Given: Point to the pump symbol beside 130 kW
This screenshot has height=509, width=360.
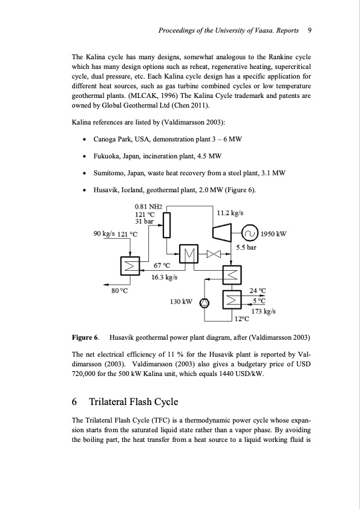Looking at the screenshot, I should pyautogui.click(x=205, y=301).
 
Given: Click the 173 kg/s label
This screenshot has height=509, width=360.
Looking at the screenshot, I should pyautogui.click(x=263, y=311).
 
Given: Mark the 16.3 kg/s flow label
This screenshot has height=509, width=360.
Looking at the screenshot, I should pyautogui.click(x=163, y=277).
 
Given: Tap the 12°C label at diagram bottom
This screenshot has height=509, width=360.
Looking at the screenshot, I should pyautogui.click(x=242, y=319).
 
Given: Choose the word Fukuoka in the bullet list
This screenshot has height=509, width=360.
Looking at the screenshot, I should pyautogui.click(x=108, y=156).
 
